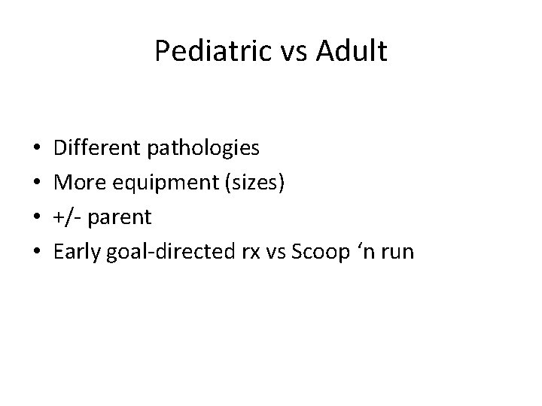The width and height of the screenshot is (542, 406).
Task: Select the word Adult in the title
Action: tap(350, 52)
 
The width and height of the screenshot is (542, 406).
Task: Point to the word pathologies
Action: tap(204, 148)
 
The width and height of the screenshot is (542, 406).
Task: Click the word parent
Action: tap(121, 217)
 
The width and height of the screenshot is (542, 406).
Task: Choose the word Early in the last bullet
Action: tap(78, 252)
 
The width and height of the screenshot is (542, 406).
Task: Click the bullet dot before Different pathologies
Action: tap(37, 149)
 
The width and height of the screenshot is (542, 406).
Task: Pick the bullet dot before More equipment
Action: tap(37, 183)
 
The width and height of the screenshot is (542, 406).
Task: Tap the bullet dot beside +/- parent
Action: tap(37, 218)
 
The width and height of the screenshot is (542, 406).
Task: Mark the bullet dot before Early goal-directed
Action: tap(37, 253)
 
